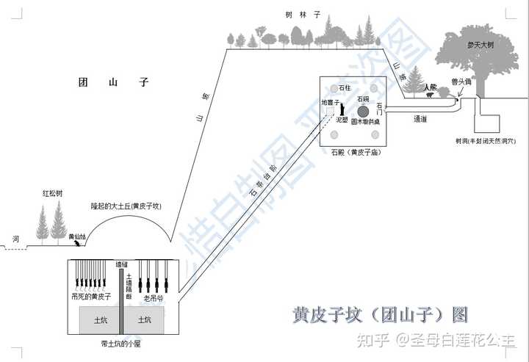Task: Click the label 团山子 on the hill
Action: point(114,83)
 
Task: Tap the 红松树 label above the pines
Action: point(53,194)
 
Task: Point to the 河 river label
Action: point(15,239)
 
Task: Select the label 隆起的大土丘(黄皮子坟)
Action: point(126,206)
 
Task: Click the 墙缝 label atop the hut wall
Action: point(123,264)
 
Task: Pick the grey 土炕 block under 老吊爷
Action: point(145,320)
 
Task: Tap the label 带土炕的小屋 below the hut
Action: point(122,343)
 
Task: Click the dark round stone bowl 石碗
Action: point(362,110)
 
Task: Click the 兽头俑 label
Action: point(461,82)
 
